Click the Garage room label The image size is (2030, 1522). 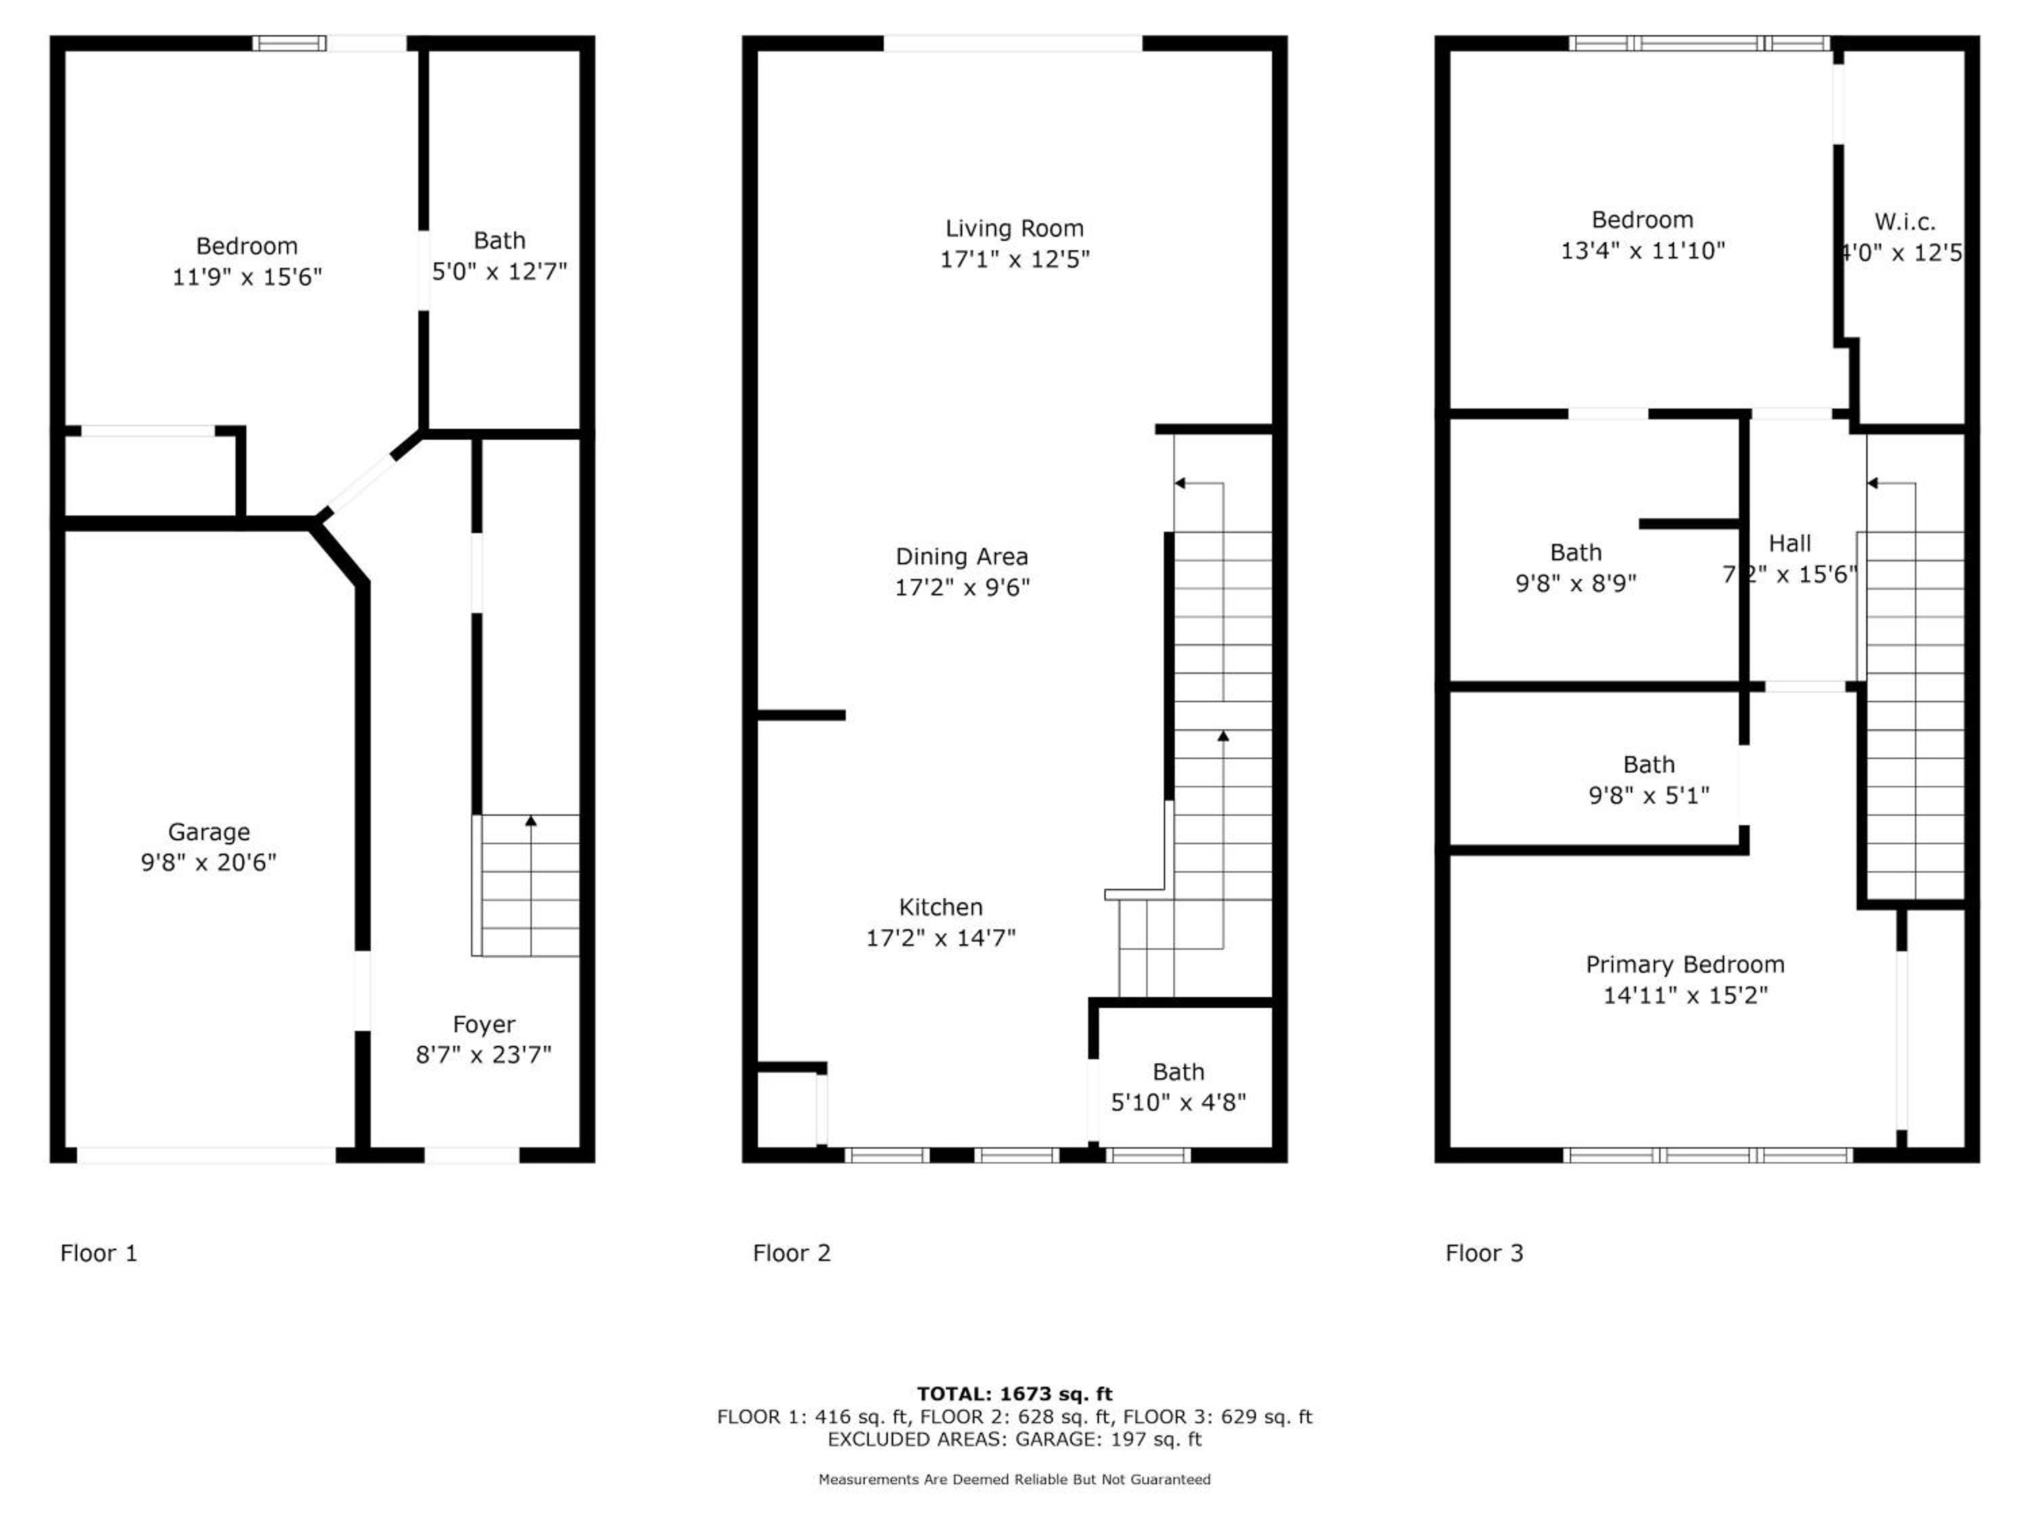(x=208, y=832)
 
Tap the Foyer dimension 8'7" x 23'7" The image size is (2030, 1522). (x=484, y=1055)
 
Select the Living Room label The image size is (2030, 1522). (x=1014, y=229)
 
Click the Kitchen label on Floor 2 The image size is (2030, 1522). (x=941, y=907)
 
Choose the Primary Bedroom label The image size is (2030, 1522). (x=1685, y=965)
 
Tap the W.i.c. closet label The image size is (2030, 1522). (x=1905, y=222)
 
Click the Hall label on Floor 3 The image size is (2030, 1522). (x=1790, y=544)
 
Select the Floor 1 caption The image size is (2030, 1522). (x=98, y=1253)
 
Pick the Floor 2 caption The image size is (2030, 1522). (x=791, y=1253)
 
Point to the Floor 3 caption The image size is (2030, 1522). (x=1484, y=1253)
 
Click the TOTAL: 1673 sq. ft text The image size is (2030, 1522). (x=1015, y=1394)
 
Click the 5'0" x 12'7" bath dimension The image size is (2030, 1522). (x=499, y=271)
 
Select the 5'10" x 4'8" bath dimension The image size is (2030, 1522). (x=1178, y=1103)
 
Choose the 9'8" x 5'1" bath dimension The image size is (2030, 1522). (x=1649, y=795)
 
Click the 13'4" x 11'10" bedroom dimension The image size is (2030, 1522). (x=1643, y=250)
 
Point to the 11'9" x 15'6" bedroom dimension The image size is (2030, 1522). (x=247, y=277)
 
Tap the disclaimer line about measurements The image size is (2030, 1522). (x=1015, y=1479)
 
